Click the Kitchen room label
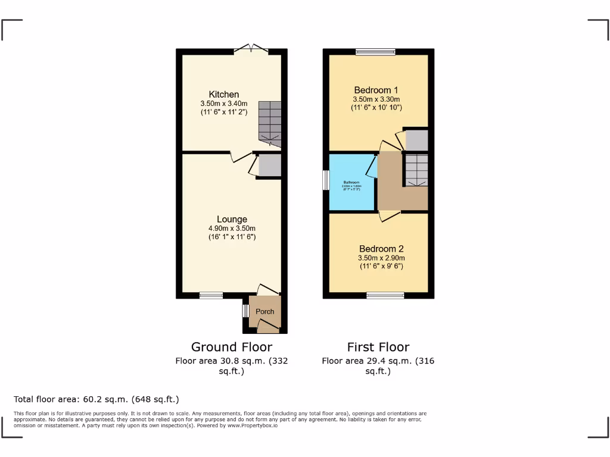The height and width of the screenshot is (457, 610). pyautogui.click(x=224, y=95)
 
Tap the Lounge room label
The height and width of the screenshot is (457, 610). pyautogui.click(x=232, y=220)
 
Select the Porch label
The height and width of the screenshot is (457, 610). pyautogui.click(x=265, y=312)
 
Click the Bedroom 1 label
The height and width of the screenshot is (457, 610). pyautogui.click(x=376, y=90)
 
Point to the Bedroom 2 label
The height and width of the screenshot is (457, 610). pyautogui.click(x=381, y=249)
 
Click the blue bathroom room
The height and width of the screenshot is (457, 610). pyautogui.click(x=351, y=181)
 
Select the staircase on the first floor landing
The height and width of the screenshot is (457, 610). pyautogui.click(x=416, y=170)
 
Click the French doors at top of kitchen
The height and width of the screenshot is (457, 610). pyautogui.click(x=251, y=49)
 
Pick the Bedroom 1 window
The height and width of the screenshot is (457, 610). pyautogui.click(x=376, y=52)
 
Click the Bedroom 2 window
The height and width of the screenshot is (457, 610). pyautogui.click(x=385, y=295)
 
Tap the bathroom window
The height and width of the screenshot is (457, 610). pyautogui.click(x=326, y=180)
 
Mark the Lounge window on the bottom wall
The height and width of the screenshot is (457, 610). pyautogui.click(x=211, y=295)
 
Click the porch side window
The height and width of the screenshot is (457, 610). pyautogui.click(x=245, y=311)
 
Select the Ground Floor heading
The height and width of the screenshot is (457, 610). pyautogui.click(x=231, y=347)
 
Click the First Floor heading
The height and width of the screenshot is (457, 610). pyautogui.click(x=378, y=347)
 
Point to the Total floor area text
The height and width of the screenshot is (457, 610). pyautogui.click(x=96, y=399)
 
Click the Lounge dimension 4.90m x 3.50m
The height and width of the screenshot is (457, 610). pyautogui.click(x=232, y=228)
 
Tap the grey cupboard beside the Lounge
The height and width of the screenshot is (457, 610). pyautogui.click(x=269, y=165)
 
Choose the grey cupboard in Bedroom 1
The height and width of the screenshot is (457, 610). pyautogui.click(x=416, y=140)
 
